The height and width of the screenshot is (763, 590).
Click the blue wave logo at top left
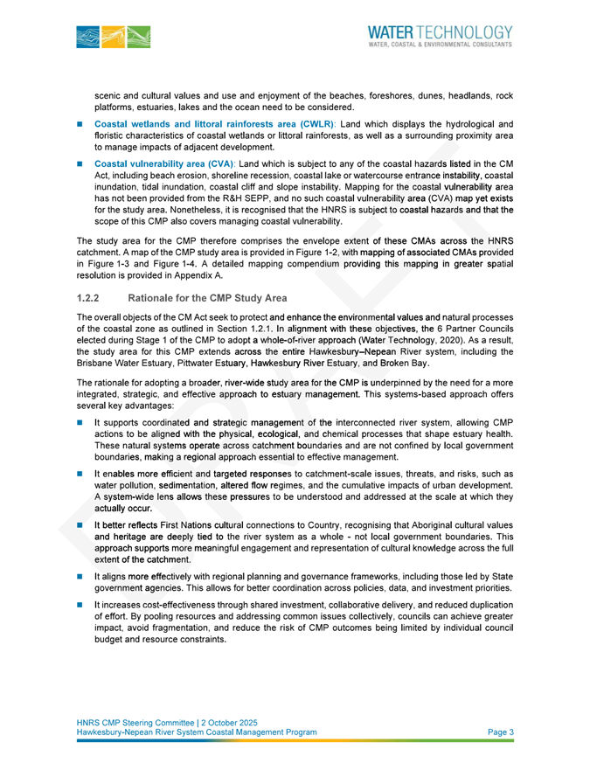point(113,37)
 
